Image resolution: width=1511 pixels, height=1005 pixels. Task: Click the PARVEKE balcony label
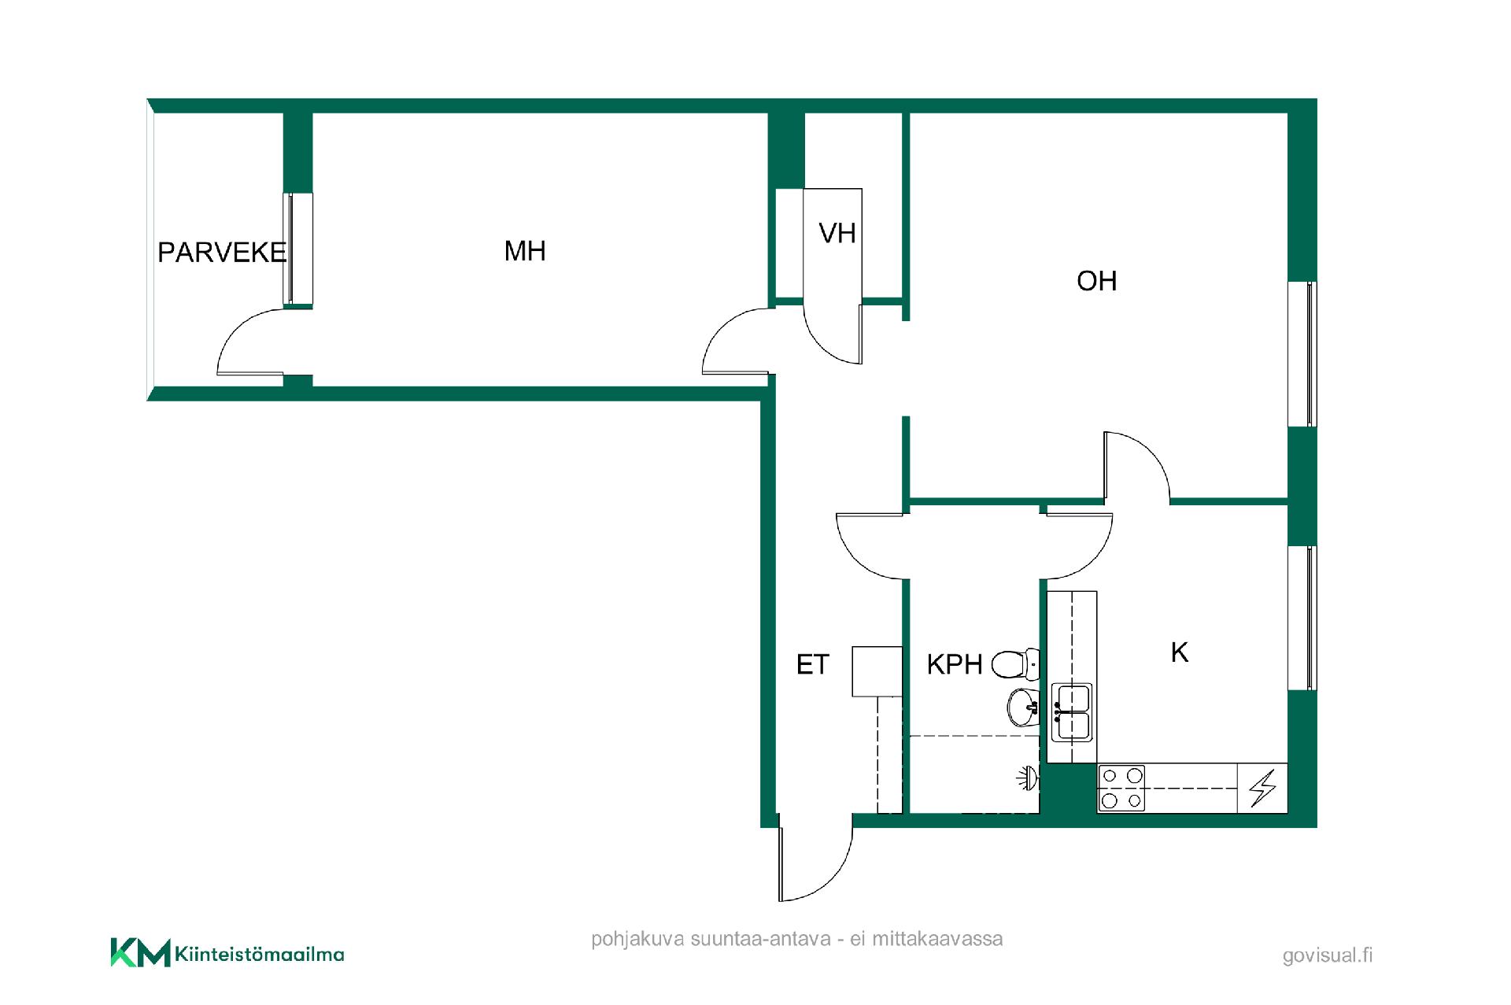[x=222, y=253]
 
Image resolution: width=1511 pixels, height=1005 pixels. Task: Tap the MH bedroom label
[x=525, y=251]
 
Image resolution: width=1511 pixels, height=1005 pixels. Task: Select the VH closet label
[x=837, y=233]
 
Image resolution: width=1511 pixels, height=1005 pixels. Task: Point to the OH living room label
[x=1097, y=281]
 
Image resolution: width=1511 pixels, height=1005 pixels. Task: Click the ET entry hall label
[x=813, y=665]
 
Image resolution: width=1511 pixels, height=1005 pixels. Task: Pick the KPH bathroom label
[x=955, y=665]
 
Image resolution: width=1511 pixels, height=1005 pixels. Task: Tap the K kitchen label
[x=1179, y=652]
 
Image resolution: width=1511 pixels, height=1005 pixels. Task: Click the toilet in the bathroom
[x=1015, y=663]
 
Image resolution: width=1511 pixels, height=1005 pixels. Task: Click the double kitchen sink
[x=1072, y=712]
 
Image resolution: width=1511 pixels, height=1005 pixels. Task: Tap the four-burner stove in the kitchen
[x=1121, y=788]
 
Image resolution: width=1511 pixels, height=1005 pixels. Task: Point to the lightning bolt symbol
[x=1263, y=788]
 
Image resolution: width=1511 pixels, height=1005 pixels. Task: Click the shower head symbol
[x=1027, y=778]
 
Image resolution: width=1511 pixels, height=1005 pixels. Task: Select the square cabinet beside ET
[x=877, y=671]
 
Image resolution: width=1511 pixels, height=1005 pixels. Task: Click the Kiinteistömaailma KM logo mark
[x=140, y=952]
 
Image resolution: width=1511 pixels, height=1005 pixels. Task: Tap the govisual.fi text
[x=1328, y=955]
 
